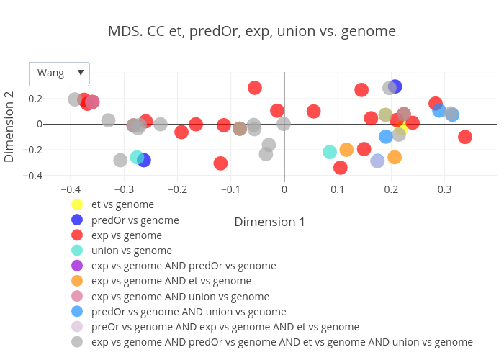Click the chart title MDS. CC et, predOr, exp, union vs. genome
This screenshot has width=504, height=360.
pos(252,32)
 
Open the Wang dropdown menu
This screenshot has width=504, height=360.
pos(59,73)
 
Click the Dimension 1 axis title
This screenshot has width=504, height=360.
pos(269,222)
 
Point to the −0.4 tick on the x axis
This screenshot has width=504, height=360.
pos(70,189)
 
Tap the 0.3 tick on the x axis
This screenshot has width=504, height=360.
pos(444,189)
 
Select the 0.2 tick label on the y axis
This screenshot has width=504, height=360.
pos(54,99)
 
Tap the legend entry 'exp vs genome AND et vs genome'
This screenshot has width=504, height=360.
pos(171,281)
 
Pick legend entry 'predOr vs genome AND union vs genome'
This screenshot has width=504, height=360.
pos(189,312)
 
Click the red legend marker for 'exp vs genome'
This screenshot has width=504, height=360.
pos(77,235)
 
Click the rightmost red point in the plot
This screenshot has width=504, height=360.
pos(465,137)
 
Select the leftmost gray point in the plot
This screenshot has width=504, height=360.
pos(75,99)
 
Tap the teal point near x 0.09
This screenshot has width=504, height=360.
pos(330,152)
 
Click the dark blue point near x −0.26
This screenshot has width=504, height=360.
pos(144,160)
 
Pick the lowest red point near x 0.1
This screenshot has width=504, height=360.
pos(341,168)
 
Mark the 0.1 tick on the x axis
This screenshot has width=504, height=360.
pos(338,189)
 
